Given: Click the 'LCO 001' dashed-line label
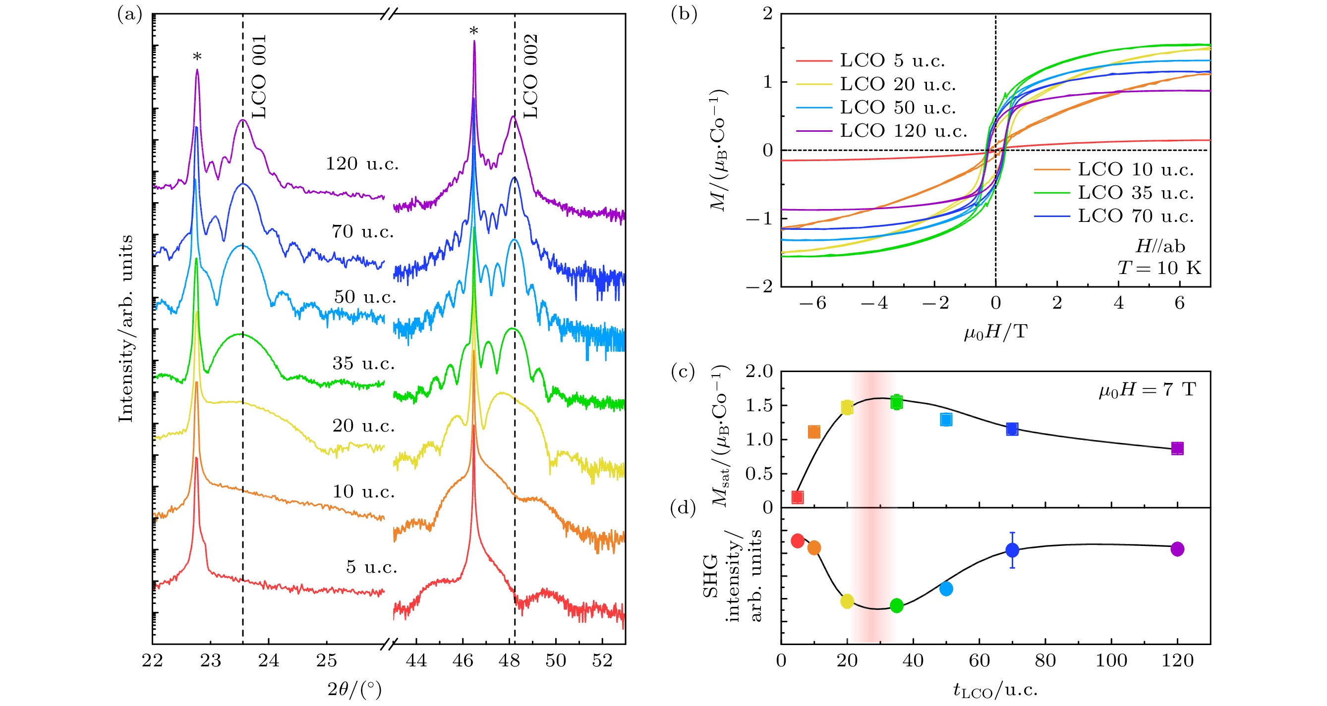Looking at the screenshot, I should (259, 76).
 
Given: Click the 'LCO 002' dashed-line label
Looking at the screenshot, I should (530, 76).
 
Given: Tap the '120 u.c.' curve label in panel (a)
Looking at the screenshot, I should (362, 164).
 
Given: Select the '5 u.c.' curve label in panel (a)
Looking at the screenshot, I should (371, 567).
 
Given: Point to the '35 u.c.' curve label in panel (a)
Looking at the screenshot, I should (363, 364).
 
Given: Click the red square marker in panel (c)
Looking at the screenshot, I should (798, 497).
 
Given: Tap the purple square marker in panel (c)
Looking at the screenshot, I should (1177, 448).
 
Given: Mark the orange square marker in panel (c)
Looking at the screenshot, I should (814, 432).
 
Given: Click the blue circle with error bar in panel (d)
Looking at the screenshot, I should (1012, 550).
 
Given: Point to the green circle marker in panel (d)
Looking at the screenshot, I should (896, 605).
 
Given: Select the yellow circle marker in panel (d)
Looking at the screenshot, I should (847, 601).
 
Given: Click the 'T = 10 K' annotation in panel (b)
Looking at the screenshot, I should (1159, 268).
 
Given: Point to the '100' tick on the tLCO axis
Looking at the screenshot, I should (1111, 661).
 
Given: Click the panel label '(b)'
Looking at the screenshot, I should (684, 14).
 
